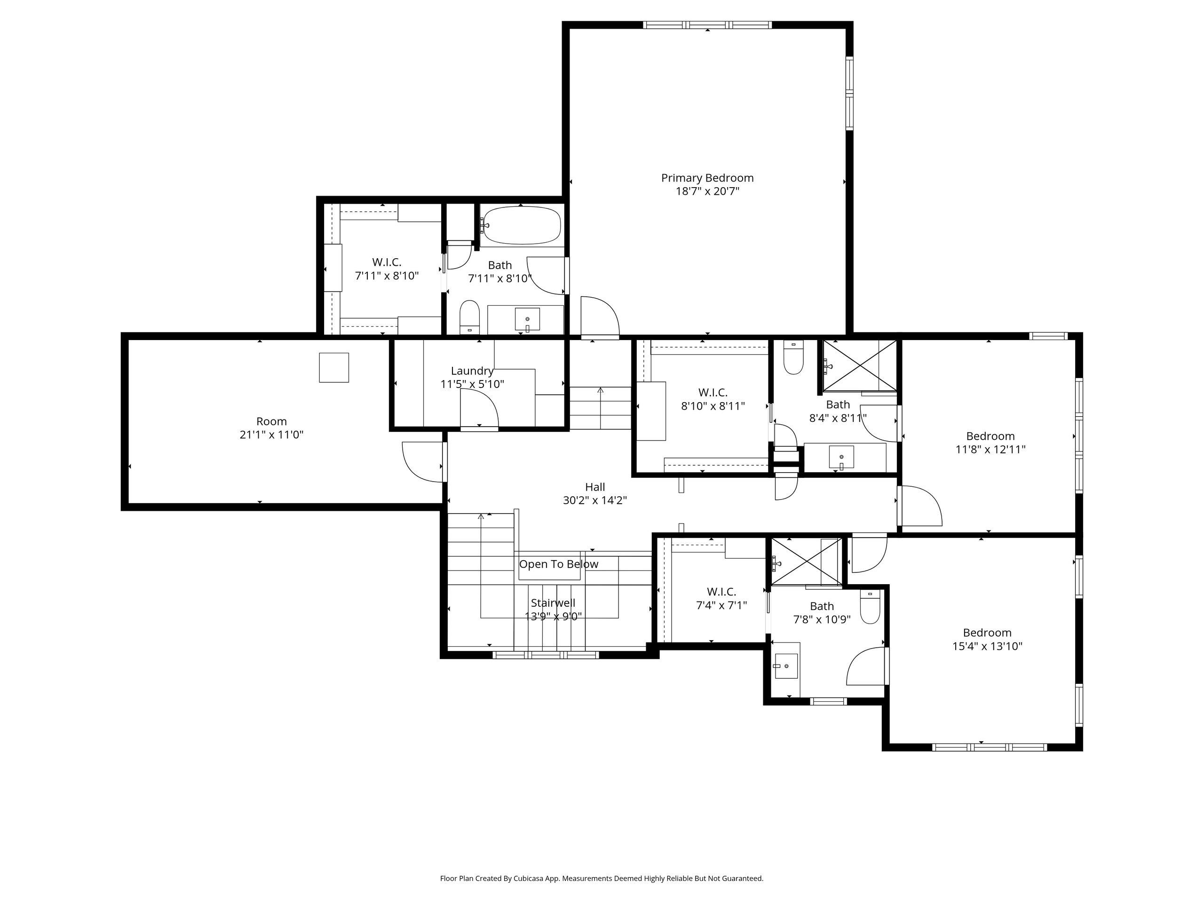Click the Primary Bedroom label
(x=707, y=178)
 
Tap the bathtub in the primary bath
(x=522, y=225)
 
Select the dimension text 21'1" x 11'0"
(x=271, y=435)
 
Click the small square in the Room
(x=333, y=367)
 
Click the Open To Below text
(x=558, y=564)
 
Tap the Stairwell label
(x=553, y=603)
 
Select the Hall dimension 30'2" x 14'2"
(x=594, y=500)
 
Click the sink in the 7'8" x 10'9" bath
(x=785, y=667)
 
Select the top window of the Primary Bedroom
(x=707, y=25)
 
